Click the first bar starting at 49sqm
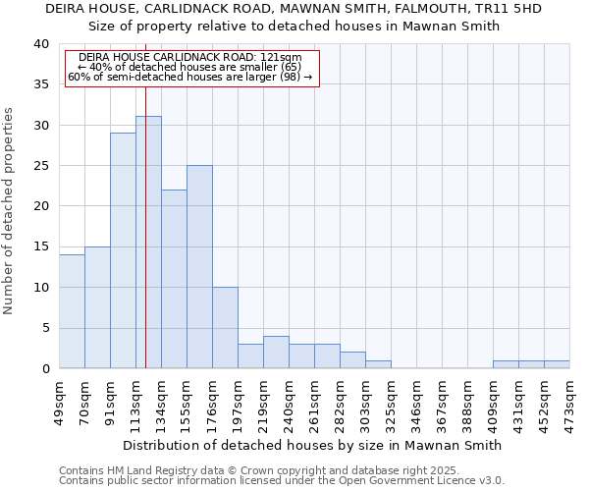pyautogui.click(x=72, y=311)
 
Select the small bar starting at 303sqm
pyautogui.click(x=378, y=364)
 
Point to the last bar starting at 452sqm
pyautogui.click(x=557, y=364)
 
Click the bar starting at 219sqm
pyautogui.click(x=276, y=353)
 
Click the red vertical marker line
pyautogui.click(x=145, y=196)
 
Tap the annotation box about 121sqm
pyautogui.click(x=192, y=68)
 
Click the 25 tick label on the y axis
pyautogui.click(x=40, y=166)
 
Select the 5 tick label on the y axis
pyautogui.click(x=44, y=328)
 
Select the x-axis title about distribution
pyautogui.click(x=314, y=445)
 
